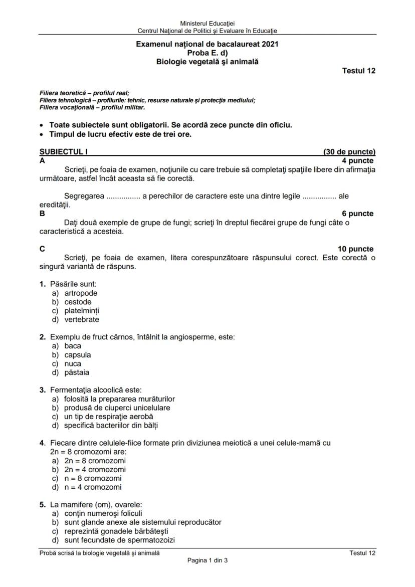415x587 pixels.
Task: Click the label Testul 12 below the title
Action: click(x=358, y=71)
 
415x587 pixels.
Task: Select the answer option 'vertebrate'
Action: click(x=81, y=320)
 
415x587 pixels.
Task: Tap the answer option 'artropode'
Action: click(x=81, y=293)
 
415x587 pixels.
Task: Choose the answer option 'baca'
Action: click(x=73, y=346)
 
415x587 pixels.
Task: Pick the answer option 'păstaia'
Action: click(x=77, y=372)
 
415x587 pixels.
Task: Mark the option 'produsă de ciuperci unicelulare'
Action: click(x=117, y=408)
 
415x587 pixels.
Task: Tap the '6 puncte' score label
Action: click(x=357, y=214)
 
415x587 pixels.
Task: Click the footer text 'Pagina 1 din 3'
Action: click(x=207, y=560)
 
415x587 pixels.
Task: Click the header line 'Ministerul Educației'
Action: click(x=207, y=23)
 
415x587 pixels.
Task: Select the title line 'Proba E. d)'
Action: click(x=207, y=53)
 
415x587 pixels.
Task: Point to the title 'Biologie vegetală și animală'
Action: click(x=207, y=62)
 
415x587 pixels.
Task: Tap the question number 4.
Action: click(x=43, y=443)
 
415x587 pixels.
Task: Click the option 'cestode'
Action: click(x=78, y=302)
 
